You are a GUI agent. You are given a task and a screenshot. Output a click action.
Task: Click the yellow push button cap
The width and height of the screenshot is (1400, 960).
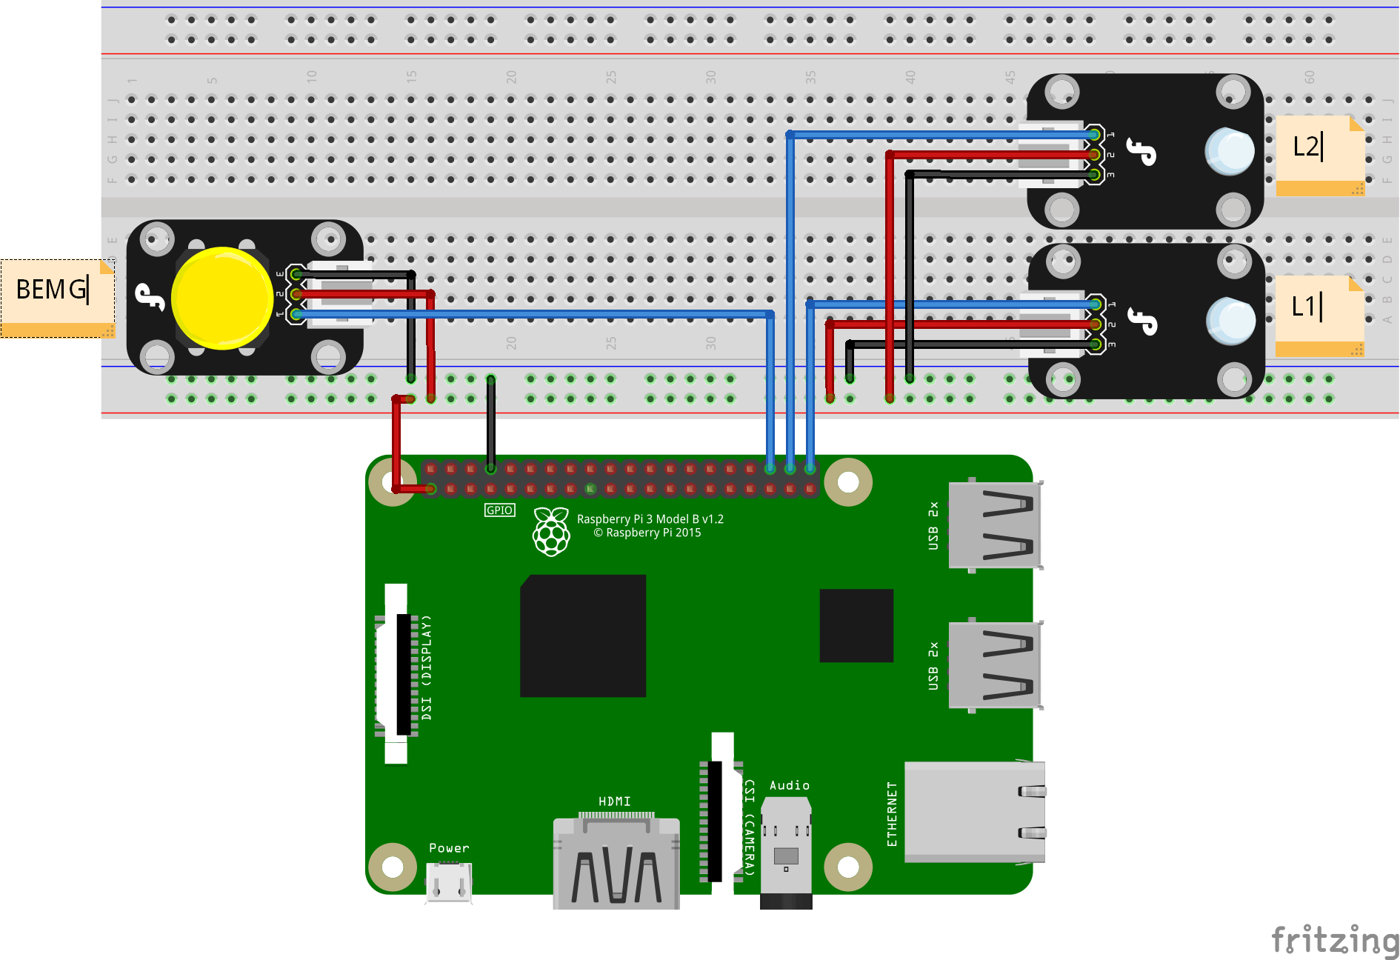coord(221,298)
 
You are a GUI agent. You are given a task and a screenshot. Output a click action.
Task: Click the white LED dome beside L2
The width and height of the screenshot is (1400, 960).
coord(1230,151)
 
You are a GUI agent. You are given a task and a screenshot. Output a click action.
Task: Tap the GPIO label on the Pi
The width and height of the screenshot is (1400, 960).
coord(499,510)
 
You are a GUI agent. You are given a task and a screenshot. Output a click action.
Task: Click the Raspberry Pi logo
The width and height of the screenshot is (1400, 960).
coord(551,531)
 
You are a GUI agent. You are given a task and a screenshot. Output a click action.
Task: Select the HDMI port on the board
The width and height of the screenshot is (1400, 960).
coord(616,863)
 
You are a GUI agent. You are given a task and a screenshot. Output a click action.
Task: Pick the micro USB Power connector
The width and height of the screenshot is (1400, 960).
coord(449,883)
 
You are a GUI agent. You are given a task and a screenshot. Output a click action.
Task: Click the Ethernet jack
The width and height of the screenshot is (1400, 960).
coord(974,812)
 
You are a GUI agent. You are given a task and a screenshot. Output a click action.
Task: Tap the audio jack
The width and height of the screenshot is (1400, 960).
coord(786,852)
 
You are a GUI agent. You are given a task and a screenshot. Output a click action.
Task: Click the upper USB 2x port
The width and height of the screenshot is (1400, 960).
coord(995,524)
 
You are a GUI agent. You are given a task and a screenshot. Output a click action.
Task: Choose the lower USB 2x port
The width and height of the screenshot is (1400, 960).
coord(995,665)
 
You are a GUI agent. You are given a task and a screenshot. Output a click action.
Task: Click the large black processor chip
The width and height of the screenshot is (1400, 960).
coord(583,636)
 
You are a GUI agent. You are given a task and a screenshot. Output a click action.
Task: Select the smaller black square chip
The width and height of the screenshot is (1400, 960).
coord(856,625)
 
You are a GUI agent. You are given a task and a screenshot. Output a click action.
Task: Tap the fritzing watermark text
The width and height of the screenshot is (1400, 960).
coord(1334,940)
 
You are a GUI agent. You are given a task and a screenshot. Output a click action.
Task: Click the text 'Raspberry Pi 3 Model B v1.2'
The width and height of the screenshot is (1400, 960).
coord(650,519)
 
